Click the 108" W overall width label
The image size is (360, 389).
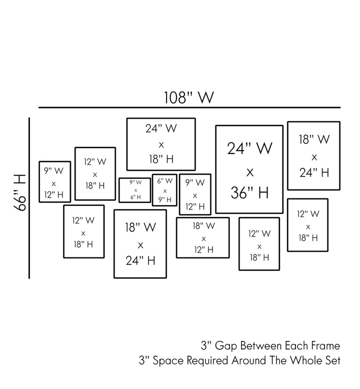pos(189,97)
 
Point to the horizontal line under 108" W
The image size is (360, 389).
pos(189,107)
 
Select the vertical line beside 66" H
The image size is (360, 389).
pos(29,197)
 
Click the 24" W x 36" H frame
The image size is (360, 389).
pos(249,169)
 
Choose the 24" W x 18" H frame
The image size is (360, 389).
pos(161,144)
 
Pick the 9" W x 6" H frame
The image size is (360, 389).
pos(135,190)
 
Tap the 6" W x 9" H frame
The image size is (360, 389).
pos(165,190)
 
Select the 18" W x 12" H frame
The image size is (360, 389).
pos(203,238)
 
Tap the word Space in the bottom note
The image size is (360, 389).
pos(167,360)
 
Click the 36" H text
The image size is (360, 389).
pos(249,192)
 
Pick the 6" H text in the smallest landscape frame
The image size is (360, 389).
pos(135,197)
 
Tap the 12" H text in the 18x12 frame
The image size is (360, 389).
pos(203,250)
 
